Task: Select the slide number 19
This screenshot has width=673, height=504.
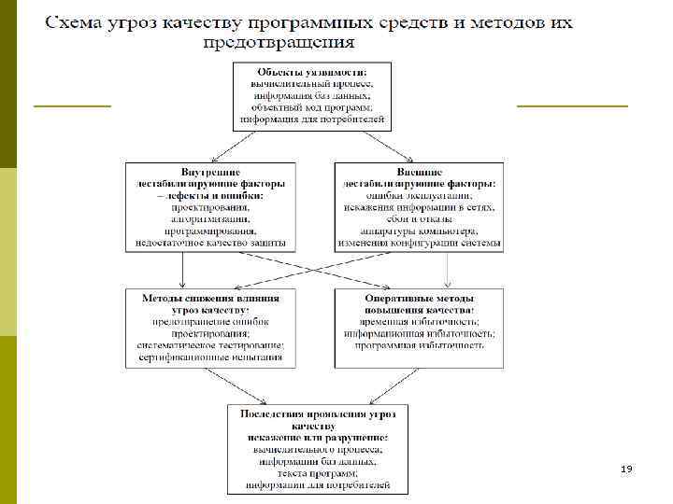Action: coord(625,468)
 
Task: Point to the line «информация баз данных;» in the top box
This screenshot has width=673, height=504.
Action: coord(312,95)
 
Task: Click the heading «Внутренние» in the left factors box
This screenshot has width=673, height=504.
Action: coord(211,172)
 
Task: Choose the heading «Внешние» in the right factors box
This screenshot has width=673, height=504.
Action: coord(419,172)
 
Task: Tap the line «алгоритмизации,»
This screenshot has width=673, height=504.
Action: coord(211,219)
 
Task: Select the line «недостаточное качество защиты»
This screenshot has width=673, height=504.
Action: coord(211,243)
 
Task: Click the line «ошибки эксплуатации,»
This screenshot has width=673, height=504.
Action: coord(419,196)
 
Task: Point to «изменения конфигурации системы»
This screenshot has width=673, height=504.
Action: coord(419,243)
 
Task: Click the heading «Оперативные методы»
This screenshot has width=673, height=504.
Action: coord(419,297)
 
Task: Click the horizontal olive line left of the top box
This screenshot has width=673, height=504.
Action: coord(72,106)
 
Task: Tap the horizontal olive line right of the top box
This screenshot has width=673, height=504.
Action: coord(572,106)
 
